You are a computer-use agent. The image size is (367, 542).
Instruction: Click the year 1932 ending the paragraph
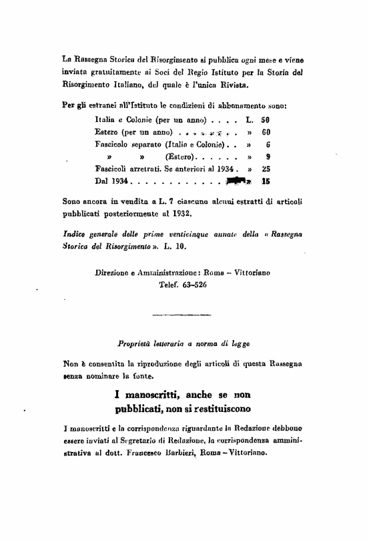coord(180,215)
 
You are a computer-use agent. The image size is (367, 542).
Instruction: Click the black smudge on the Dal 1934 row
coord(238,180)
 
